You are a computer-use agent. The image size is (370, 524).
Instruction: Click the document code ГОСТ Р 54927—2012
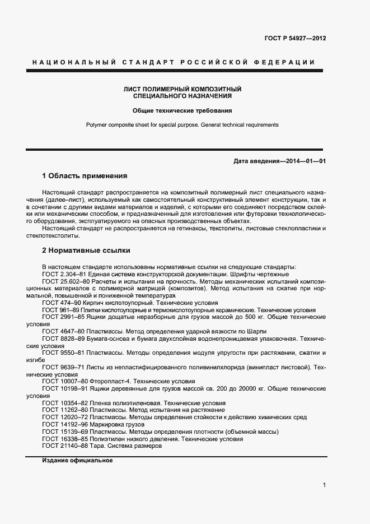[x=295, y=39]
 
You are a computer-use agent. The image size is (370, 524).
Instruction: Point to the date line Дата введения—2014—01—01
[x=280, y=161]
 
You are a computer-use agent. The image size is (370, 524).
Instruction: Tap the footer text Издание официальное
[x=77, y=461]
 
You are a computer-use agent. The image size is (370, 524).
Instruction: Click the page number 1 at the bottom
[x=324, y=485]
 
